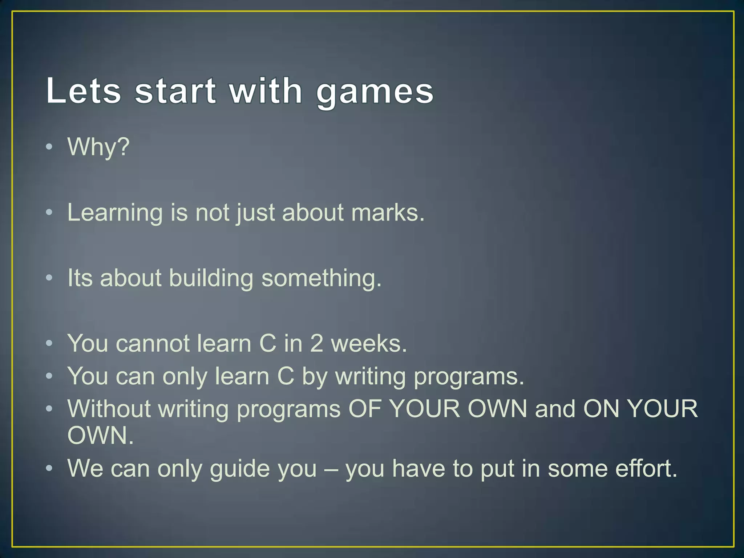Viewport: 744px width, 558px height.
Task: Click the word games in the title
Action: (375, 92)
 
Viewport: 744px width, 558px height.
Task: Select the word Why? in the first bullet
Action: (98, 147)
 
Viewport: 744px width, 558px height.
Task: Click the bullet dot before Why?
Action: (49, 147)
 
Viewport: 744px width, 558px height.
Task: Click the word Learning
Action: (115, 213)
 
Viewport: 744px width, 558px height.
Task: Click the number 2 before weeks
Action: (316, 343)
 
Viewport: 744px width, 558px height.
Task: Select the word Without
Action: (109, 409)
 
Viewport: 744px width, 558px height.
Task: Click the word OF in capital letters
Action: (365, 409)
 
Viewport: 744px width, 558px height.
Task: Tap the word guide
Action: (240, 469)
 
